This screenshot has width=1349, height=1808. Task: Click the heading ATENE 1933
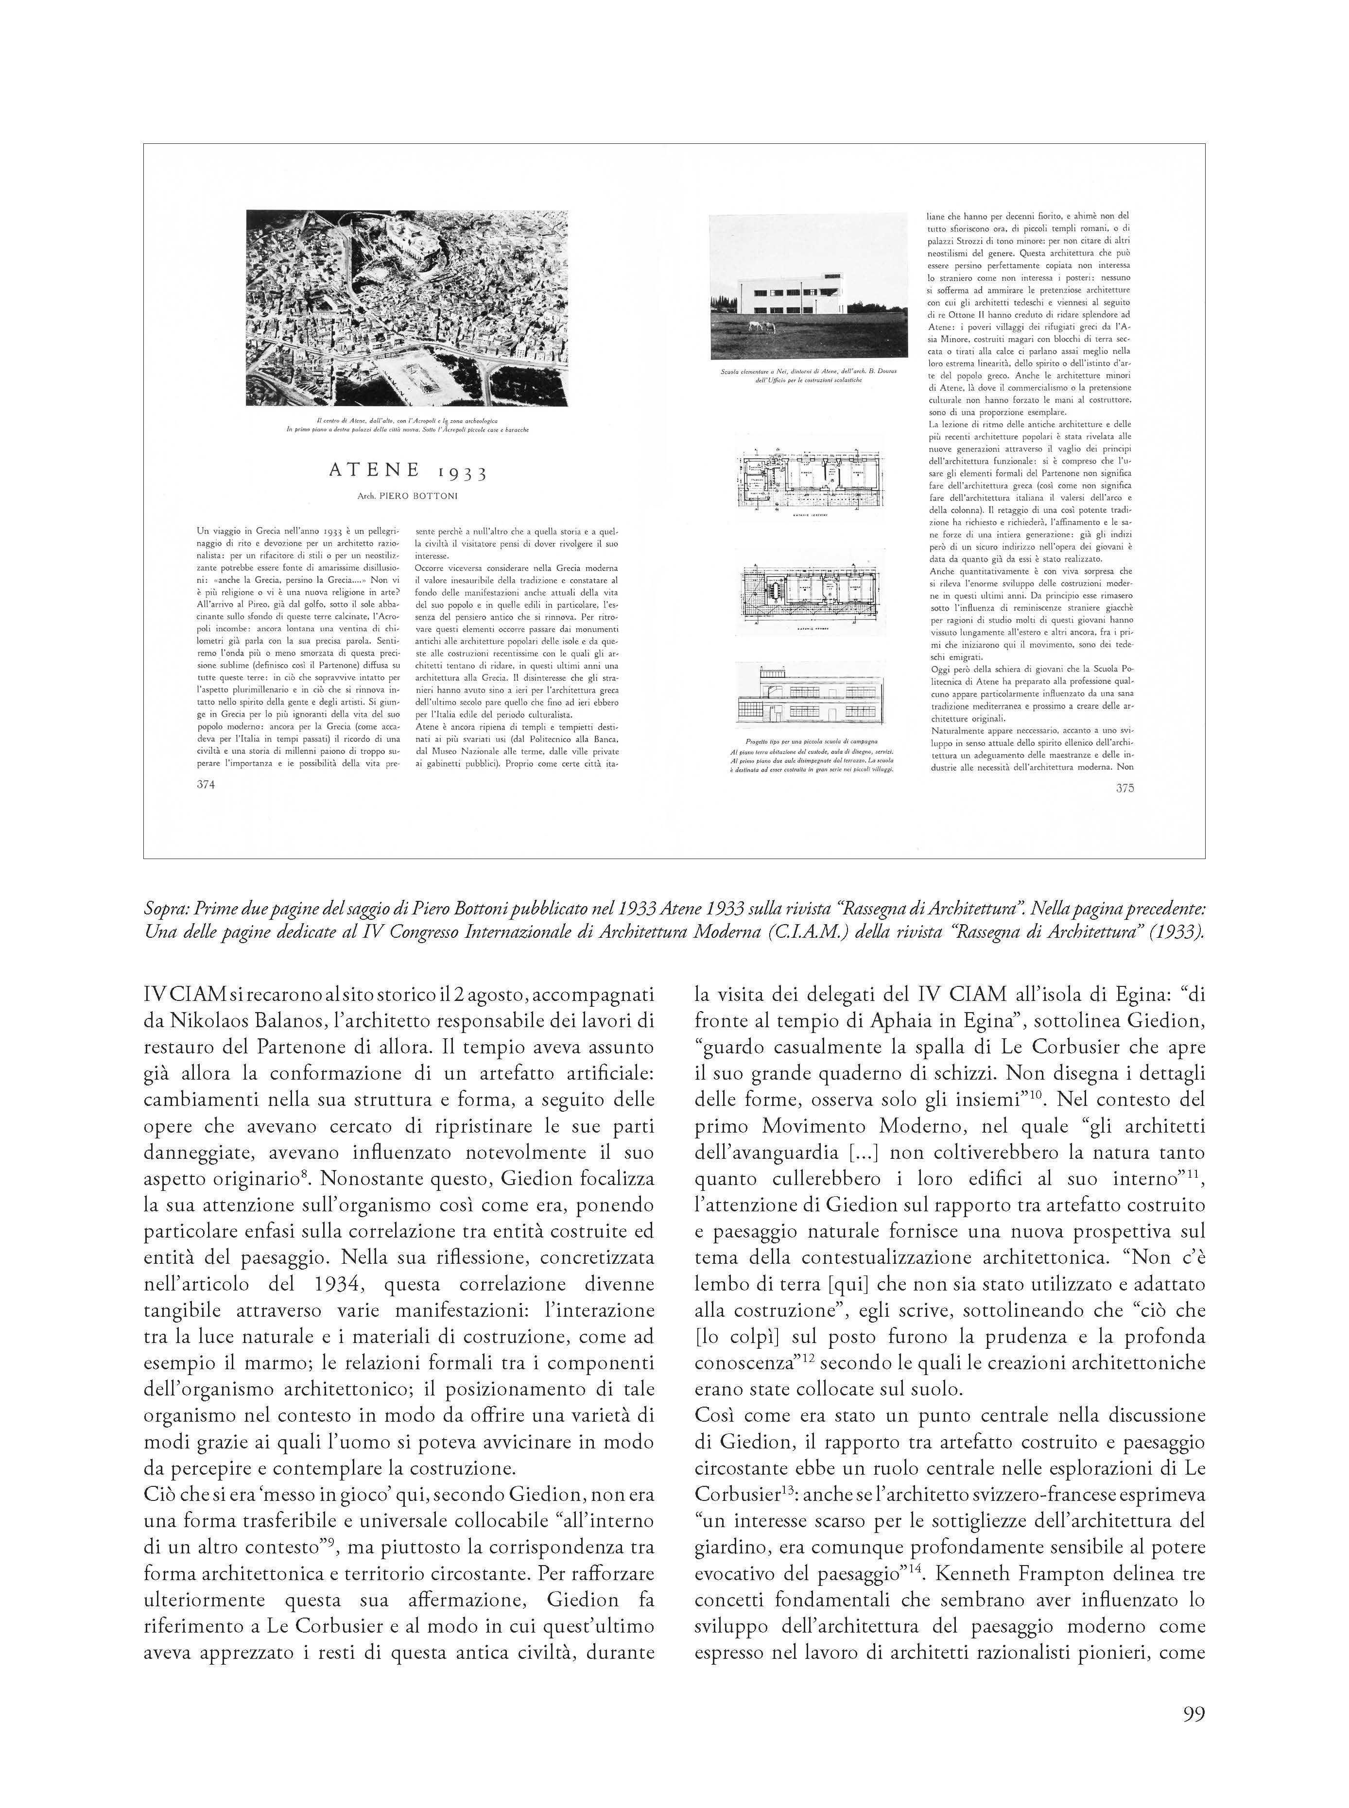click(408, 471)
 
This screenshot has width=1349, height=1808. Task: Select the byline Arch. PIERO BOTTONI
click(408, 496)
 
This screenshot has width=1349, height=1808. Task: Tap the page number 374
click(206, 784)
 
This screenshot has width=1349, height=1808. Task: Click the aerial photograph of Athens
click(407, 308)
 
